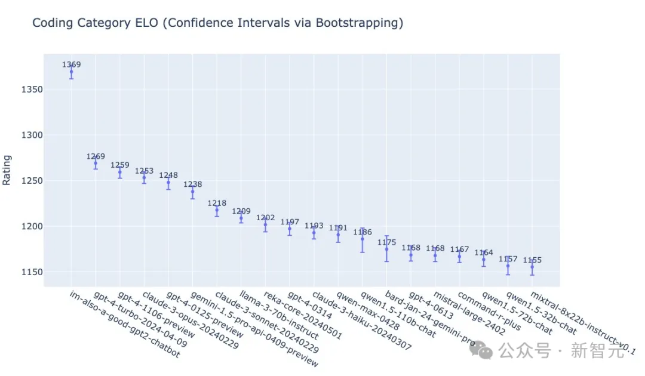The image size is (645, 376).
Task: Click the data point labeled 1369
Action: (x=71, y=72)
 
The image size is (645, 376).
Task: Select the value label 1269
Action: (x=96, y=157)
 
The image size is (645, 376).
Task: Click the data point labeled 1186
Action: (x=362, y=239)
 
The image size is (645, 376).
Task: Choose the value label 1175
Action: (x=386, y=242)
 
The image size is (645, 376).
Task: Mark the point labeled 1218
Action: (x=217, y=210)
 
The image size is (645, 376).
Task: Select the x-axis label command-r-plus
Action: (x=483, y=309)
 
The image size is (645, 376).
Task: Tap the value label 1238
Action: (x=193, y=184)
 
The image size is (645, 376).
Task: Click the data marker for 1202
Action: (x=265, y=224)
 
